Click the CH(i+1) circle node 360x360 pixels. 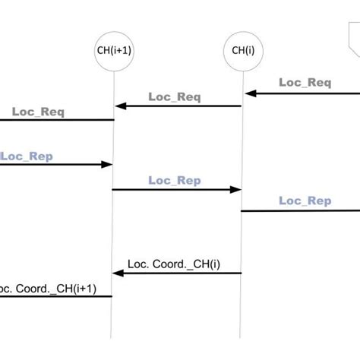pyautogui.click(x=113, y=52)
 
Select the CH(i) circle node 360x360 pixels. pyautogui.click(x=241, y=52)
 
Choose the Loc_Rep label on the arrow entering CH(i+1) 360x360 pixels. pyautogui.click(x=27, y=156)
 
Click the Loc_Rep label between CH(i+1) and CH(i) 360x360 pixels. pyautogui.click(x=174, y=180)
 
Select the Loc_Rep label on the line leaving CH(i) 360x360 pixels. pyautogui.click(x=305, y=201)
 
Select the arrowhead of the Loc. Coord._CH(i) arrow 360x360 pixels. pyautogui.click(x=120, y=273)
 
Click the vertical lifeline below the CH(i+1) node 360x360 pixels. pyautogui.click(x=113, y=228)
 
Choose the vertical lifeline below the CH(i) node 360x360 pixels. pyautogui.click(x=241, y=235)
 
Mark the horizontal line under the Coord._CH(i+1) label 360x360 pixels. pyautogui.click(x=53, y=297)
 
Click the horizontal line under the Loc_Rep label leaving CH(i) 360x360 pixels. pyautogui.click(x=304, y=210)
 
